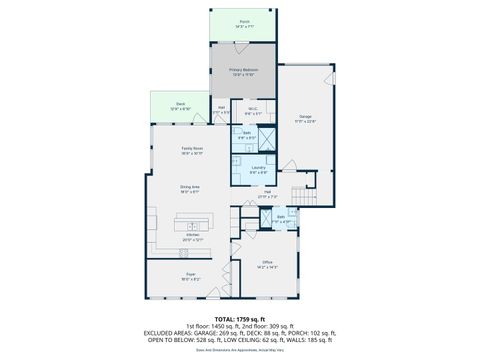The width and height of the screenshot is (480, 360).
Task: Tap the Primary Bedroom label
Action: pyautogui.click(x=244, y=72)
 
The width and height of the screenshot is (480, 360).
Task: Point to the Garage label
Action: pyautogui.click(x=305, y=119)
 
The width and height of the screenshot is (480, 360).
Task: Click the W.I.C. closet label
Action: pyautogui.click(x=254, y=113)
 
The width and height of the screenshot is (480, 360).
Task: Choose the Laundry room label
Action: pyautogui.click(x=257, y=169)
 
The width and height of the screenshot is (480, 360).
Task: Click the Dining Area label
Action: pyautogui.click(x=189, y=187)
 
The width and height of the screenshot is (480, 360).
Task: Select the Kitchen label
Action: pyautogui.click(x=192, y=238)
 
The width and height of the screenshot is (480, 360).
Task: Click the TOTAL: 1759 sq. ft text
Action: pyautogui.click(x=240, y=318)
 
